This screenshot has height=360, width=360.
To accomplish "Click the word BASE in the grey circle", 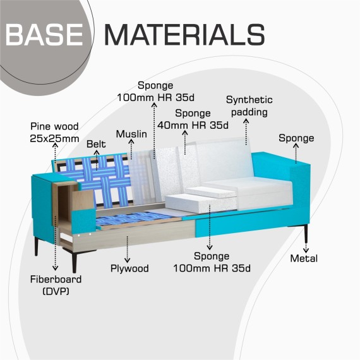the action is click(x=44, y=35).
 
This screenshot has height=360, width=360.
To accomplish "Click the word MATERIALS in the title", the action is click(x=185, y=35).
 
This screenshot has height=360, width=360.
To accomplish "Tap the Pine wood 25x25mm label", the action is click(x=55, y=133).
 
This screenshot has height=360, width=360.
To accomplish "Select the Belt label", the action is click(x=96, y=144).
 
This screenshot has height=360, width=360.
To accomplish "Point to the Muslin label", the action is click(x=131, y=134).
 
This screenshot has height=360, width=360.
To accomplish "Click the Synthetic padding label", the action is click(x=249, y=106).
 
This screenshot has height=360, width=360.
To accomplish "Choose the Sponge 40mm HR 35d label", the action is click(x=193, y=119).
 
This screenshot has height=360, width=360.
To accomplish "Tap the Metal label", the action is click(x=304, y=258).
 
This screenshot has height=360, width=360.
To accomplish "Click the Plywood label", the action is click(x=129, y=268).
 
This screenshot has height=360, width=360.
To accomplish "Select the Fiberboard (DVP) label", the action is click(x=56, y=285).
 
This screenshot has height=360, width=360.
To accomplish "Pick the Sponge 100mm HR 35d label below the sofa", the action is click(x=212, y=262).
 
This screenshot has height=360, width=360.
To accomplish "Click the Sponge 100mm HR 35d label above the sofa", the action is click(x=155, y=92).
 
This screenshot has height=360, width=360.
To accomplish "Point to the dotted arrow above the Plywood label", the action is click(x=127, y=249).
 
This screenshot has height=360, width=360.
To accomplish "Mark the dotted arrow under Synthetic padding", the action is click(x=246, y=132).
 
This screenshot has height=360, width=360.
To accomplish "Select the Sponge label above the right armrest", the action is click(x=296, y=138).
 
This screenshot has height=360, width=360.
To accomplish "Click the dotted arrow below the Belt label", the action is click(x=97, y=160).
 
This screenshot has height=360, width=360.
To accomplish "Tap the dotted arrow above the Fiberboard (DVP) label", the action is click(x=55, y=243).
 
